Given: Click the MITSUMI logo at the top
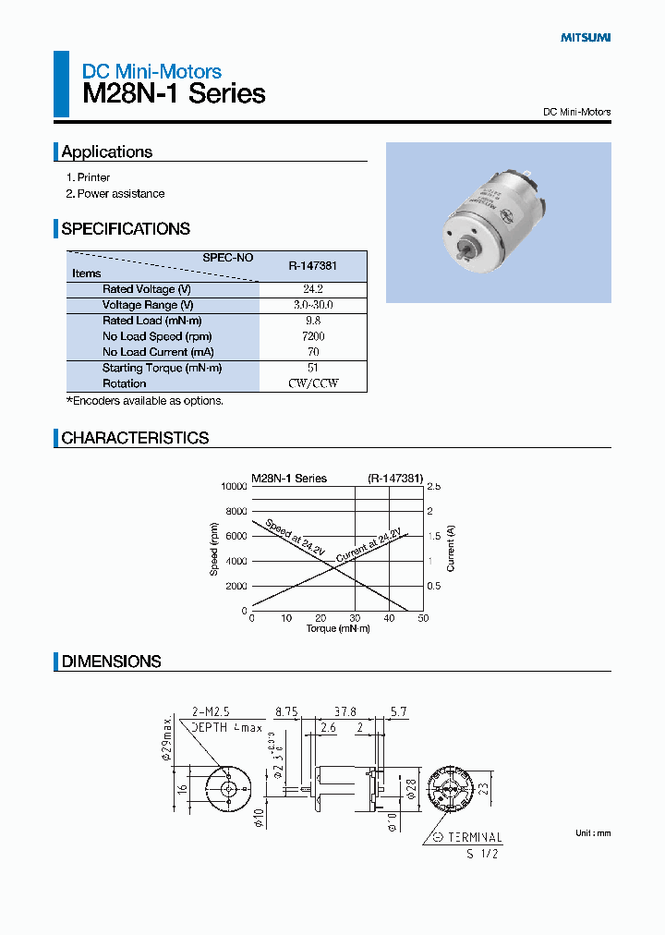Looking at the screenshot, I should (x=586, y=38).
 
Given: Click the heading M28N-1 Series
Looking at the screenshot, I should (x=175, y=93).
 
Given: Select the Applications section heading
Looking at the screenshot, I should (x=107, y=152).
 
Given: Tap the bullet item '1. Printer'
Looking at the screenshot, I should (x=88, y=177).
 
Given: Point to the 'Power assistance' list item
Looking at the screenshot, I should (x=120, y=194).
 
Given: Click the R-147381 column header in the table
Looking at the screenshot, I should (x=312, y=266).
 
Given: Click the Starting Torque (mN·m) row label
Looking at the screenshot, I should (x=162, y=368).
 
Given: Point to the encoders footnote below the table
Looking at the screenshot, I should (x=145, y=401).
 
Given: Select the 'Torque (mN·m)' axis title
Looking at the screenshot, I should (x=337, y=629).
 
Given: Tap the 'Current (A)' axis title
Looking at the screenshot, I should (x=451, y=548).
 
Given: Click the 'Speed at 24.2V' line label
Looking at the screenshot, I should (x=295, y=538).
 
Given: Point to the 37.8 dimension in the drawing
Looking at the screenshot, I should (x=345, y=712).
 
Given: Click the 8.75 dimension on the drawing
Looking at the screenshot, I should (x=285, y=712).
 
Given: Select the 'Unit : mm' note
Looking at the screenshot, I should (x=593, y=833).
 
